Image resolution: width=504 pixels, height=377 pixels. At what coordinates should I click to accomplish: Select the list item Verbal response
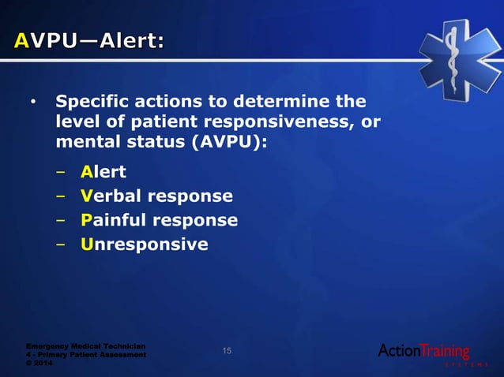click(156, 196)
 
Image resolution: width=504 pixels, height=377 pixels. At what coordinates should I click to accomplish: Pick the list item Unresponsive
click(145, 244)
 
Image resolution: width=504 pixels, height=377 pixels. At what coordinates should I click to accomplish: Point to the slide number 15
click(227, 351)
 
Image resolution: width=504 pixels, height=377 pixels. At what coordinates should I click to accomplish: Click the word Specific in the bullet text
click(93, 103)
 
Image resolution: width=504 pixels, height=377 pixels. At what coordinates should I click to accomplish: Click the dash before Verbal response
click(61, 196)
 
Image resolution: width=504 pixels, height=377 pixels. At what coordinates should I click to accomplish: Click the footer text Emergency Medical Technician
click(85, 345)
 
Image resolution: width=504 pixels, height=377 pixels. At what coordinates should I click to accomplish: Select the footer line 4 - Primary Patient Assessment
click(85, 354)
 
